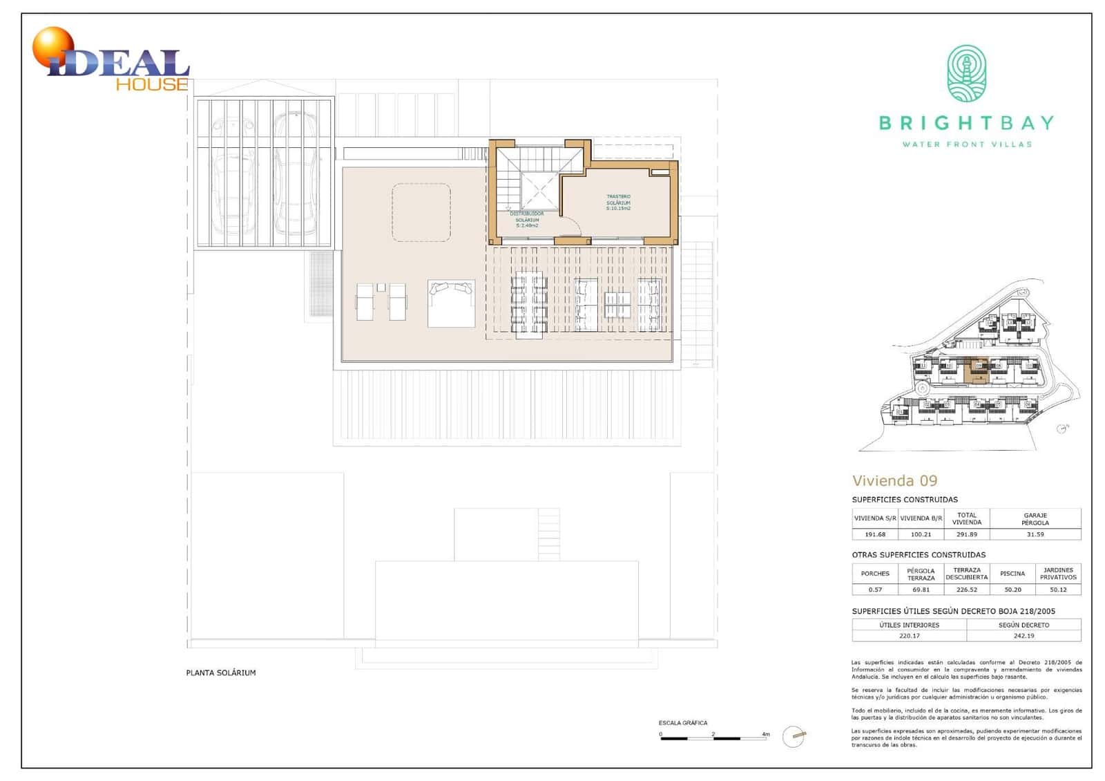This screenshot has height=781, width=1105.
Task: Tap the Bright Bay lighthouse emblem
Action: click(966, 74)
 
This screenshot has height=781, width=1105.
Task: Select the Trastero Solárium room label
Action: click(618, 203)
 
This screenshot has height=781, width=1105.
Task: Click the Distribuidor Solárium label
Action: click(526, 219)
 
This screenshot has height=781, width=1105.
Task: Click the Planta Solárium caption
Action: click(221, 672)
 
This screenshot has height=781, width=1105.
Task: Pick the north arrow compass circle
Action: click(794, 737)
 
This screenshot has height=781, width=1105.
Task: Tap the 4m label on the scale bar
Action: click(765, 734)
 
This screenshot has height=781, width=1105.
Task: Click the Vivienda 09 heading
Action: click(894, 481)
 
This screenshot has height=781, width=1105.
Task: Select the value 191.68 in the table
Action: click(874, 534)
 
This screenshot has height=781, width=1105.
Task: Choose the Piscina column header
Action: click(1012, 574)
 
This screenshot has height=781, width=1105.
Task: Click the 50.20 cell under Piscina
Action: click(1012, 590)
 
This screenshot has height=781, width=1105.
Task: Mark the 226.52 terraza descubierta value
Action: click(966, 590)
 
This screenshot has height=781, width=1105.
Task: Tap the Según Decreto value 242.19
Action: click(1024, 636)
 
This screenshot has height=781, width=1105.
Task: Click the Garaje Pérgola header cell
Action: click(1035, 518)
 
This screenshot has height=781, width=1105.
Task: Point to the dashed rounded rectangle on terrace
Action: click(421, 212)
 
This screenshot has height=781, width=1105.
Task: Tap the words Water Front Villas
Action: click(966, 144)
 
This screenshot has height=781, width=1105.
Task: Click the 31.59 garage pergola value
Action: click(1035, 534)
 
